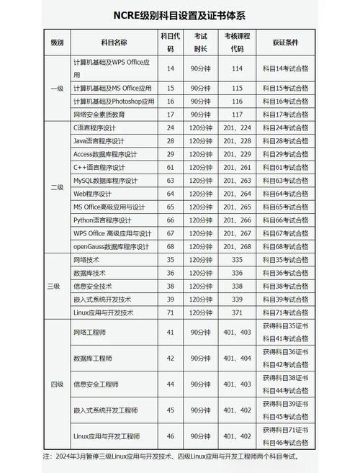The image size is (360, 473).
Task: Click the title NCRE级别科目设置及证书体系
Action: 179,15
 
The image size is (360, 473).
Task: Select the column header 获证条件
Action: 285,42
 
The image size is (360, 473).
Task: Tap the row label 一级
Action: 57,88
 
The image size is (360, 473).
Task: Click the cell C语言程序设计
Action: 99,127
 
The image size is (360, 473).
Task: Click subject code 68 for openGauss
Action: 171,246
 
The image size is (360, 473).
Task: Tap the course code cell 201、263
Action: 237,180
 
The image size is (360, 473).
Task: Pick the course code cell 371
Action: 237,312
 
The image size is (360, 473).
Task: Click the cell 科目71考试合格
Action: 285,312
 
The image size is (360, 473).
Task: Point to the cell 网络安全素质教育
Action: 99,114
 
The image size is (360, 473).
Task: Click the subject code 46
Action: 171,436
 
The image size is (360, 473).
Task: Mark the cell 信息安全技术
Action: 93,286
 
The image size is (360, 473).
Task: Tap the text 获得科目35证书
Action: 285,326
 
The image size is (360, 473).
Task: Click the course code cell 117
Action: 237,114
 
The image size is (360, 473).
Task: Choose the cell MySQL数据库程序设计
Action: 105,180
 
